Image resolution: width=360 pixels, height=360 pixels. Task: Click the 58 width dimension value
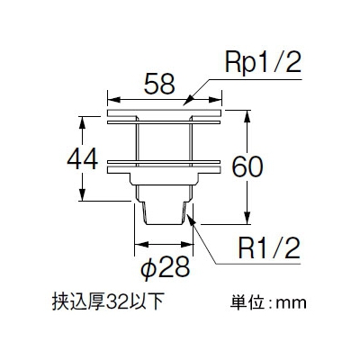[x=159, y=84]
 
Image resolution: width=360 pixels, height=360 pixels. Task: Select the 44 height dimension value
[x=83, y=158]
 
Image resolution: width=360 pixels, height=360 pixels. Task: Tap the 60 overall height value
[x=247, y=167]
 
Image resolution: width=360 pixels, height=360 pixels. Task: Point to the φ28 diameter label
[x=166, y=266]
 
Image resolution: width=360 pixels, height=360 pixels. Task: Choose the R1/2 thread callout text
[x=269, y=247]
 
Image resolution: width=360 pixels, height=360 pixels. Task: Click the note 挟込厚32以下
[x=108, y=302]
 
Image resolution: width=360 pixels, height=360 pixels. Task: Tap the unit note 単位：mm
[x=268, y=302]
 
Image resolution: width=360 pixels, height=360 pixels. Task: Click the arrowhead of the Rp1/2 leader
[x=188, y=100]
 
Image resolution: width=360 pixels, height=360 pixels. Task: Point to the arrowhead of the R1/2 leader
[x=191, y=220]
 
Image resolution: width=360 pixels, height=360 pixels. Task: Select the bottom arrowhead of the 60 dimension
[x=247, y=218]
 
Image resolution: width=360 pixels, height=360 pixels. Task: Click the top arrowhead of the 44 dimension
[x=82, y=123]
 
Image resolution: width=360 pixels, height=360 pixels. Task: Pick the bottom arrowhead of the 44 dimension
[x=82, y=194]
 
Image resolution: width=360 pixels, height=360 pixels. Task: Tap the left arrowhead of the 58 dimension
[x=114, y=100]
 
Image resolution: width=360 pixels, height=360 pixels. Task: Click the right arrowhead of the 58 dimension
[x=215, y=100]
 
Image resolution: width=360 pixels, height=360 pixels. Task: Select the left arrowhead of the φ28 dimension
[x=141, y=245]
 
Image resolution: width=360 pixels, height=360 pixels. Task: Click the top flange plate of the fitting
[x=164, y=113]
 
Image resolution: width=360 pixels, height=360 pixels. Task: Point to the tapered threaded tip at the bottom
[x=164, y=213]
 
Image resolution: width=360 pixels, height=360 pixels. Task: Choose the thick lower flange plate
[x=164, y=170]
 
